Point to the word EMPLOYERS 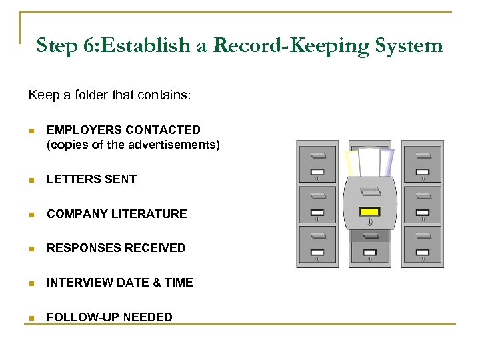coord(84,129)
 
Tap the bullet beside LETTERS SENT coord(31,179)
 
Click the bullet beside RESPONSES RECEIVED coord(31,248)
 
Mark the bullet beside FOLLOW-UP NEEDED coord(31,317)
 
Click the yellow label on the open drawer coord(369,211)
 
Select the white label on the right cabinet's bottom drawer coord(422,253)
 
